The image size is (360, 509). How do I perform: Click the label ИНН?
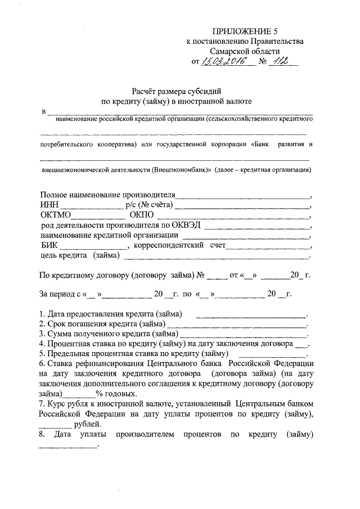[x=49, y=205]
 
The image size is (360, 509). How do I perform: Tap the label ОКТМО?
[x=56, y=215]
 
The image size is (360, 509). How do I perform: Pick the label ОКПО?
[x=141, y=215]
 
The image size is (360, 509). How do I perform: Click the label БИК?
[x=49, y=246]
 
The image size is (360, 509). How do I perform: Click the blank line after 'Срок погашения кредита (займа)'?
[x=236, y=326]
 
